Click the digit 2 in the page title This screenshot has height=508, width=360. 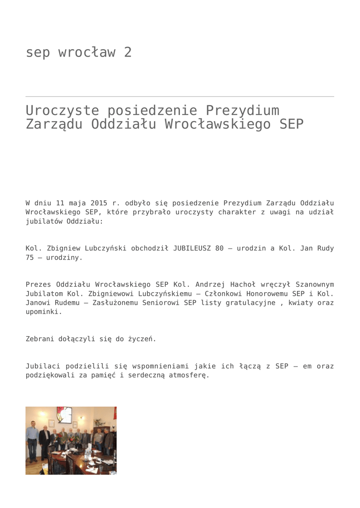click(128, 53)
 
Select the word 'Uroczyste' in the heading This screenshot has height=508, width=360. click(62, 111)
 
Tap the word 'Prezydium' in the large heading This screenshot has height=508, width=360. click(242, 111)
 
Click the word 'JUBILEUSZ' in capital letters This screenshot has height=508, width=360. click(191, 248)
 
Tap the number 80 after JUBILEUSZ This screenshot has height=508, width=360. click(219, 248)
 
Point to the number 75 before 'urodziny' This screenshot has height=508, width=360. click(30, 257)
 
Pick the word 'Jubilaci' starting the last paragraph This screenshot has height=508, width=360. click(42, 366)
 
